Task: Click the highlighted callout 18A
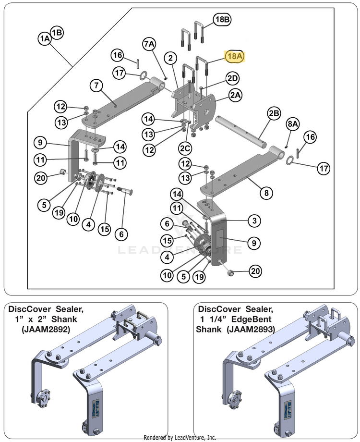click(x=235, y=56)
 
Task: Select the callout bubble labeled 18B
click(x=222, y=20)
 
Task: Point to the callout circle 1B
click(x=57, y=32)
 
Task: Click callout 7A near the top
click(x=149, y=44)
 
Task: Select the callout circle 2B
click(x=274, y=114)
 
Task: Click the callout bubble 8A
click(x=293, y=124)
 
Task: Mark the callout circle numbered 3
click(x=254, y=221)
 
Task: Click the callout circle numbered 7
click(x=96, y=86)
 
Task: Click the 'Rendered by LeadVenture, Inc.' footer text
click(x=180, y=437)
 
